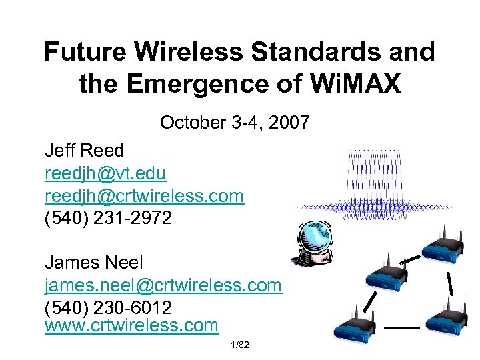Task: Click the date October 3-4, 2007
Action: point(235,123)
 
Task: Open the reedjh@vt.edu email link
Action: point(105,173)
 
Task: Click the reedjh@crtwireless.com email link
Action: point(144,195)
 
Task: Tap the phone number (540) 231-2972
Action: point(108,218)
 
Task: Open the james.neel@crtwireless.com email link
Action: point(163,285)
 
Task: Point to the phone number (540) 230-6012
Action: point(108,308)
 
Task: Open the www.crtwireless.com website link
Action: point(131,325)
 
